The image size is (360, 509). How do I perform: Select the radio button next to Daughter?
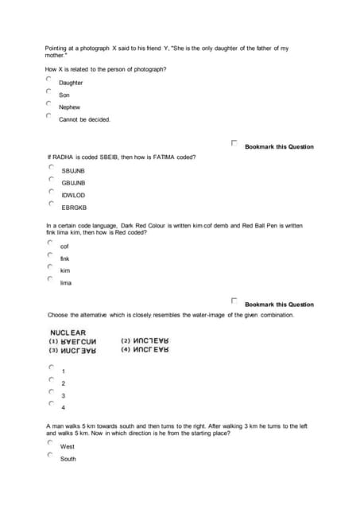[x=48, y=80]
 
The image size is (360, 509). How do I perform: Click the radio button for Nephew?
[x=48, y=103]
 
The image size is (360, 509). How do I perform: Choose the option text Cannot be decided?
[x=84, y=120]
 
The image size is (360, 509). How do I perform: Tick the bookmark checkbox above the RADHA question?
[x=234, y=143]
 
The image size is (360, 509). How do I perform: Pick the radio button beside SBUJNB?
[x=51, y=168]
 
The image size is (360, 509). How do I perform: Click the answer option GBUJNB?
[x=73, y=183]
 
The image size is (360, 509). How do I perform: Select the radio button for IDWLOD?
[x=51, y=192]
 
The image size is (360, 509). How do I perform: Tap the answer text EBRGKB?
[x=74, y=208]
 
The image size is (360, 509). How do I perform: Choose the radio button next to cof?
[x=50, y=243]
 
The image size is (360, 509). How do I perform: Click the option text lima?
[x=66, y=283]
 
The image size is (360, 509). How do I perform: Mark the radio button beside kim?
[x=50, y=267]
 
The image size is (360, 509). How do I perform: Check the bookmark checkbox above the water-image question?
[x=234, y=301]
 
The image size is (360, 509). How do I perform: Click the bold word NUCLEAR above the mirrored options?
[x=68, y=333]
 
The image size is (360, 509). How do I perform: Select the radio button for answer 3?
[x=51, y=392]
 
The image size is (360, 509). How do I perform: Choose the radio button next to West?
[x=50, y=443]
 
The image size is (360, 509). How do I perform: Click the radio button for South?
[x=50, y=456]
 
